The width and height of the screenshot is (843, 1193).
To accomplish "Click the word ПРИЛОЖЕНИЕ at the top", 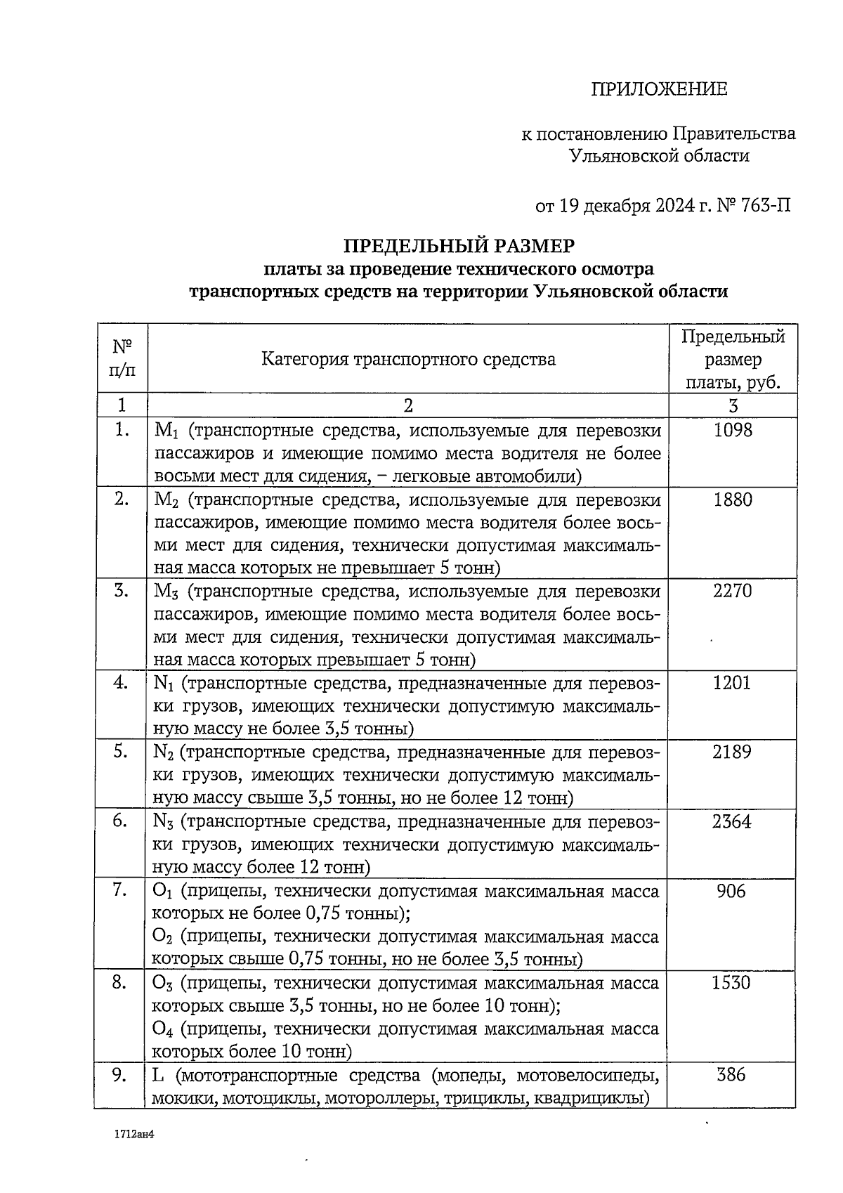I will tap(658, 89).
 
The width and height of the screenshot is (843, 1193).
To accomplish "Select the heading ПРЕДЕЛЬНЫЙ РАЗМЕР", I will tap(458, 246).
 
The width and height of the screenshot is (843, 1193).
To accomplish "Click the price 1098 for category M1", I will tap(732, 430).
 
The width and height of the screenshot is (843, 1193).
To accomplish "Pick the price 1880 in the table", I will tap(732, 500).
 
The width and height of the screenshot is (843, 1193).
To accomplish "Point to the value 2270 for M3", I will tap(732, 591).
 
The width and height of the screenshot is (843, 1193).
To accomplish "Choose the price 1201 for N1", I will tap(732, 682).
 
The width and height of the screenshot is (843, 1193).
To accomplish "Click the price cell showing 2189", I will tap(732, 752).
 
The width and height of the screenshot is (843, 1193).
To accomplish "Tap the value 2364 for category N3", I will tap(732, 821).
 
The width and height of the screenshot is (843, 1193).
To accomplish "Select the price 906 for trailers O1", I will tap(731, 891).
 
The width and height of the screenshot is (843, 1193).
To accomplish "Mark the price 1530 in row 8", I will tap(731, 982).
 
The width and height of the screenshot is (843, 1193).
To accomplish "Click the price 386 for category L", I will tap(731, 1074).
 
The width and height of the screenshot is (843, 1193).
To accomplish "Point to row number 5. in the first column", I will tap(121, 751).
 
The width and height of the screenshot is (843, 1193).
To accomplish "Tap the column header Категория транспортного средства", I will tap(408, 359).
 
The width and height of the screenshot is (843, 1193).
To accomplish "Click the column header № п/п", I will tap(122, 358).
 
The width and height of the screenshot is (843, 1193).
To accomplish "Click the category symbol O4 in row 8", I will tap(162, 1029).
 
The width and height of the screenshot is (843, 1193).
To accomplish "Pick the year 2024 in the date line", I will tap(677, 206).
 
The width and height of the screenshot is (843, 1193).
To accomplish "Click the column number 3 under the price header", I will tap(732, 405).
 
